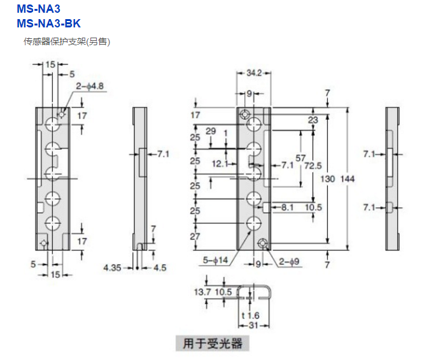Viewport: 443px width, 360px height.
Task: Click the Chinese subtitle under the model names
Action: pos(67,41)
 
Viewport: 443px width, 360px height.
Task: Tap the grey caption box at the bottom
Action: pos(213,343)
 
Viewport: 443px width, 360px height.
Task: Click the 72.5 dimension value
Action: pos(313,165)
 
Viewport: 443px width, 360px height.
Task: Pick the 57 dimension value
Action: pos(301,157)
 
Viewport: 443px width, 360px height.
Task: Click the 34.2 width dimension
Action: pos(253,74)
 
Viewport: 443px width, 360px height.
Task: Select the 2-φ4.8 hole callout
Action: pos(90,85)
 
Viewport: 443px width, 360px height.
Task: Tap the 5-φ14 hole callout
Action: pos(216,260)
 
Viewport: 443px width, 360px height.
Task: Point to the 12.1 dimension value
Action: pos(220,164)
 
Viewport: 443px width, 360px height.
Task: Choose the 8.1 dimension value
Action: pos(286,207)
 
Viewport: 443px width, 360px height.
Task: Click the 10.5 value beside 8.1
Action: pos(313,207)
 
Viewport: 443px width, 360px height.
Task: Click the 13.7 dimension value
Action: pos(202,291)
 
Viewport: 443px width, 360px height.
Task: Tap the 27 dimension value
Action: pos(195,236)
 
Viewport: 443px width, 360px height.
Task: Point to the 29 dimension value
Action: pos(211,131)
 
